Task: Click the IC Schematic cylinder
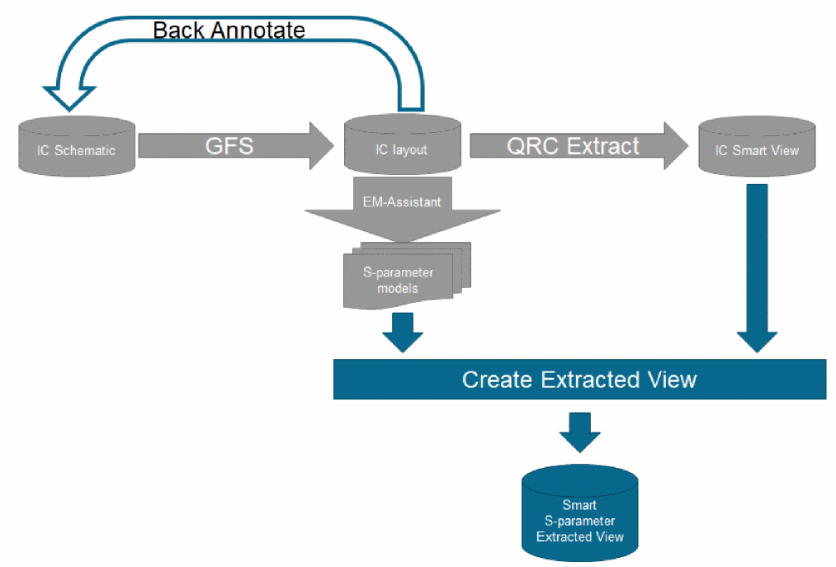76,147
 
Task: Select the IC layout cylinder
404,147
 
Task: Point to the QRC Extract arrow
578,146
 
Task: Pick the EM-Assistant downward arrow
403,210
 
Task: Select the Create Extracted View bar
579,380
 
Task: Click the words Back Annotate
229,31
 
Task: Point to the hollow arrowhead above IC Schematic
71,92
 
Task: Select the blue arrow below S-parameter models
403,330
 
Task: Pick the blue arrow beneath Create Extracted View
580,431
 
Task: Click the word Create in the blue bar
498,380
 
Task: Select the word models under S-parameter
398,288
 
